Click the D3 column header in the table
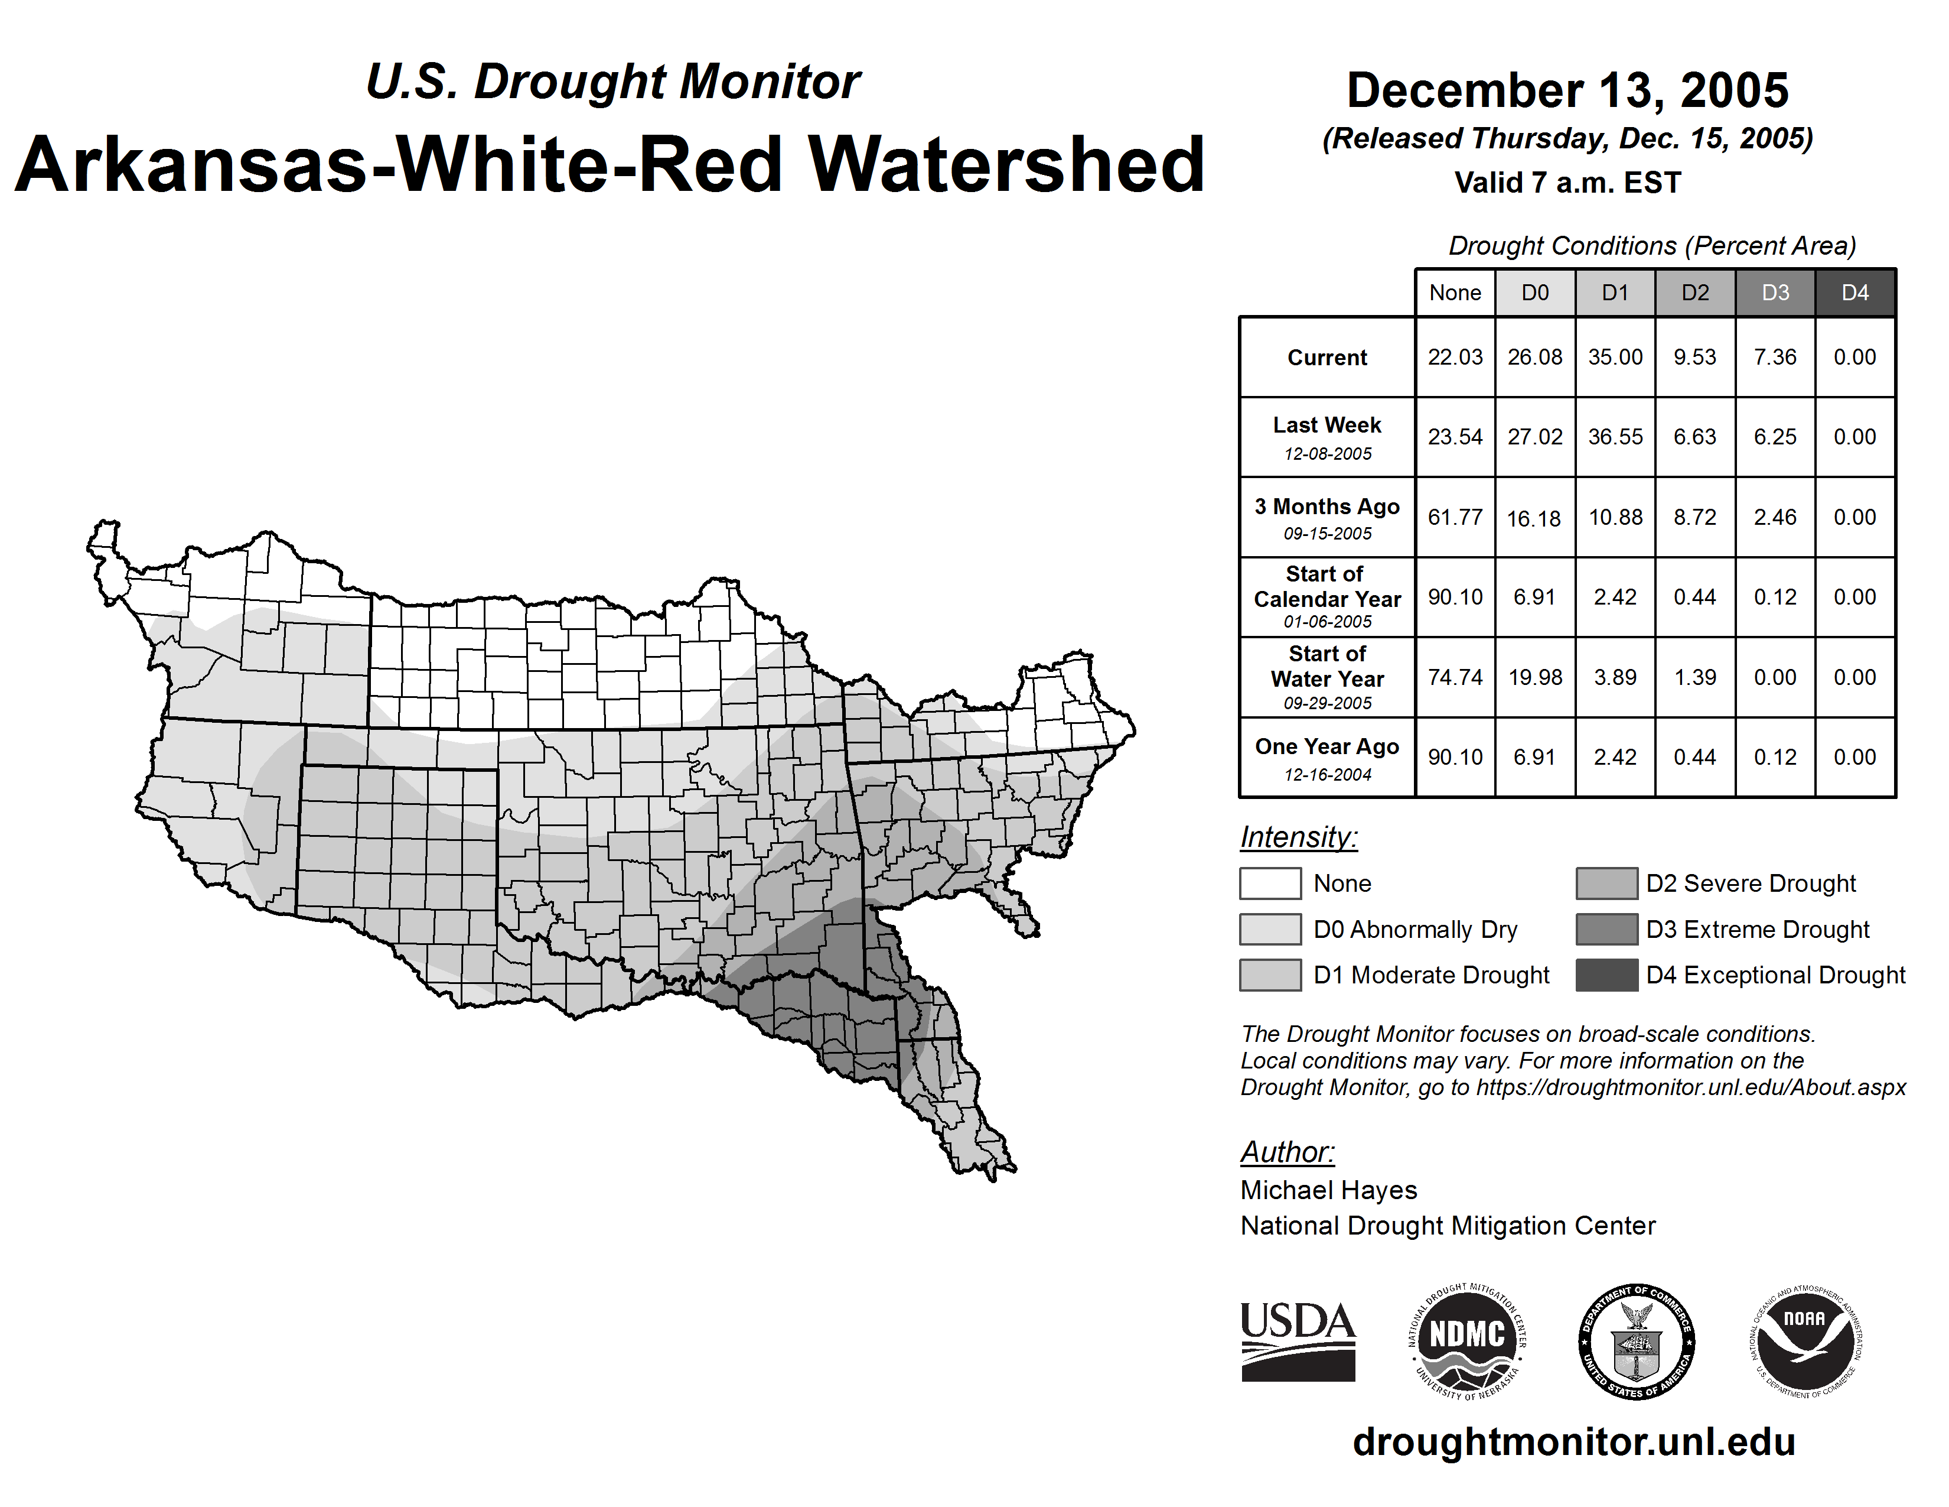pos(1775,293)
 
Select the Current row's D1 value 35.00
pos(1615,357)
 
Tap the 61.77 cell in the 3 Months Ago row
pos(1455,517)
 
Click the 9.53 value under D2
pos(1694,357)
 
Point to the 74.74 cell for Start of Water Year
pos(1455,678)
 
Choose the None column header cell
pos(1455,293)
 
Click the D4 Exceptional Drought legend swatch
pos(1606,975)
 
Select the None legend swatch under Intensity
pos(1270,883)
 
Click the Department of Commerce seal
pos(1637,1341)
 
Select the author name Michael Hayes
pos(1328,1190)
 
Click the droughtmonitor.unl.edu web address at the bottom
pos(1573,1442)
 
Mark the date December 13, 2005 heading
pos(1567,90)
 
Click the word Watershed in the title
pos(1006,165)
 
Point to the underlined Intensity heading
pos(1298,837)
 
